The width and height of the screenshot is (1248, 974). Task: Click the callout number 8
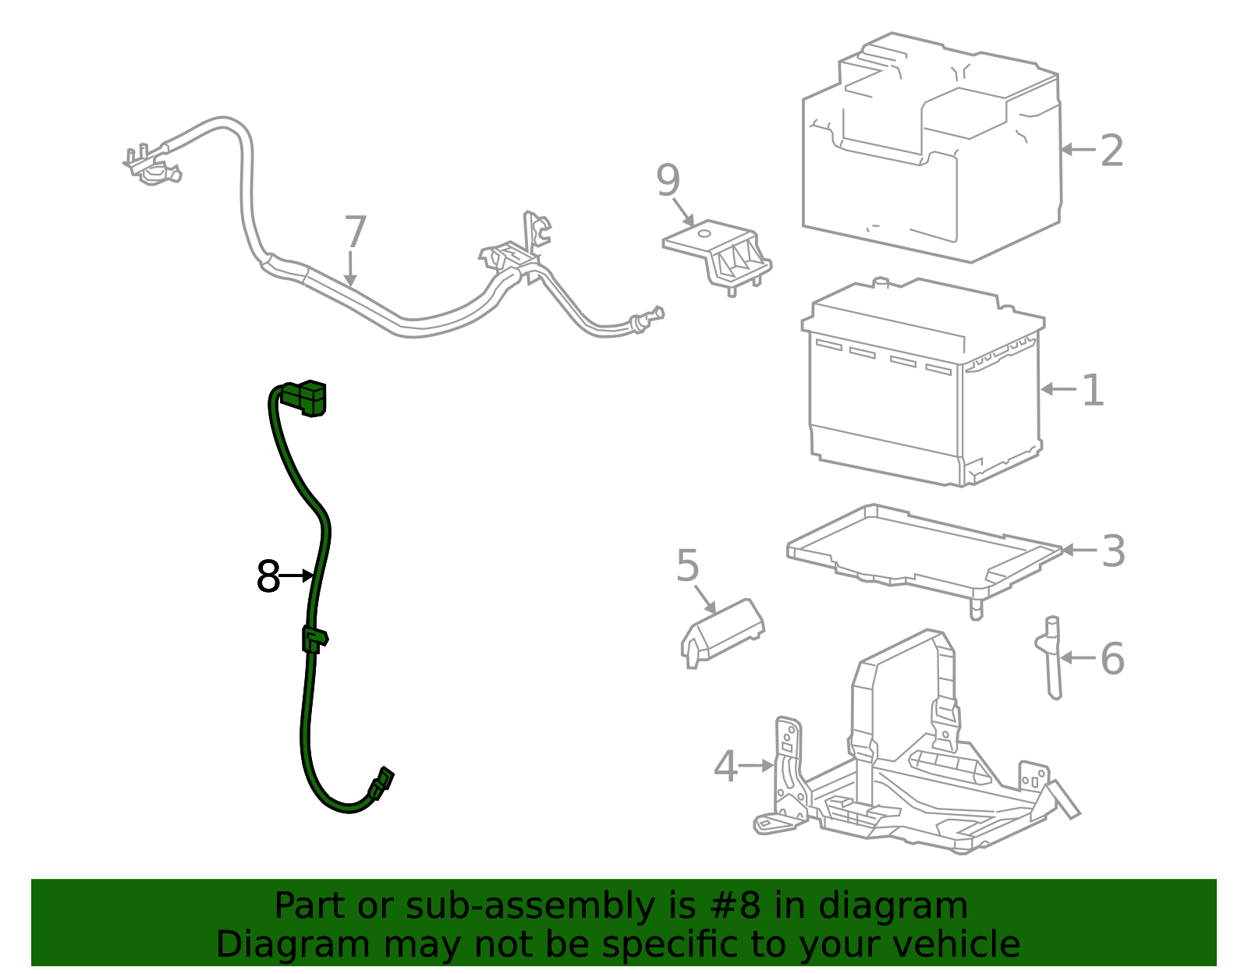click(x=268, y=577)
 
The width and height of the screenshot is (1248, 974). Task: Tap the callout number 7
click(x=355, y=232)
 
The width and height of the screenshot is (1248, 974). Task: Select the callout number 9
click(x=668, y=181)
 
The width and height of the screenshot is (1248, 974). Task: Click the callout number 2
click(x=1111, y=151)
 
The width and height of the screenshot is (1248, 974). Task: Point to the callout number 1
click(x=1093, y=390)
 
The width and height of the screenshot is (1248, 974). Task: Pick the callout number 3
click(x=1113, y=551)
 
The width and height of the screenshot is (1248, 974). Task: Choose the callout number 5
click(x=687, y=565)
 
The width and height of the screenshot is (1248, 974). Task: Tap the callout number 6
click(x=1112, y=659)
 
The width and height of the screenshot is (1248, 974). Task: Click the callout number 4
click(x=725, y=767)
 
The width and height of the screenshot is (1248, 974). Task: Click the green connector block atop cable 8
click(x=306, y=397)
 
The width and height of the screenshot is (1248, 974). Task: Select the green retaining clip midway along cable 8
click(x=314, y=639)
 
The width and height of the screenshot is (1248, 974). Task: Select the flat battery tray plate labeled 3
click(x=920, y=550)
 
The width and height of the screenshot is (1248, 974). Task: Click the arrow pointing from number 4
click(x=755, y=767)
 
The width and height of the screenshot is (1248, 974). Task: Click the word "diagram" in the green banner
click(x=893, y=906)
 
